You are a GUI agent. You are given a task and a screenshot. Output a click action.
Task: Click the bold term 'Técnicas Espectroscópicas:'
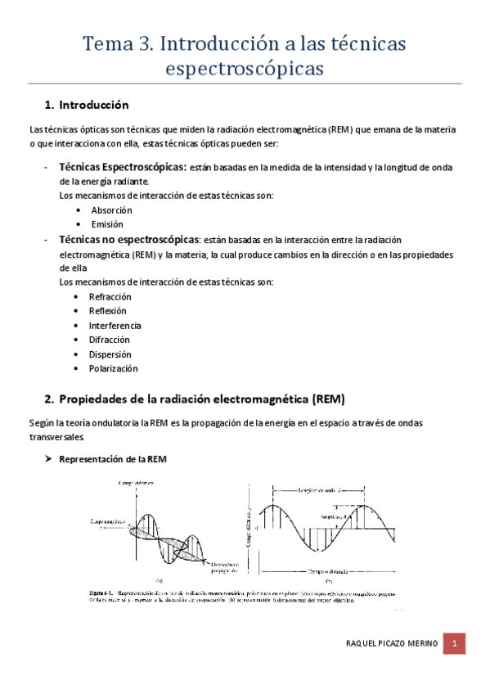tap(123, 167)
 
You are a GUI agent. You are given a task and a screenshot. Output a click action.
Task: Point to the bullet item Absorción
tap(111, 210)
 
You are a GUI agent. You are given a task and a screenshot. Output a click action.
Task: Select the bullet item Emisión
tap(106, 224)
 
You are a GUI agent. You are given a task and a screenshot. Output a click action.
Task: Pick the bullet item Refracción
tap(110, 296)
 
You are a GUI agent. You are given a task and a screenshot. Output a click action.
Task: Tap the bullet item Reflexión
tap(107, 311)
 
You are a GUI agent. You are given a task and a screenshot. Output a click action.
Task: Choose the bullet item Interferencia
tap(115, 325)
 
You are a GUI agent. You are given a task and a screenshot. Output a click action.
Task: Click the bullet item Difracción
tap(109, 340)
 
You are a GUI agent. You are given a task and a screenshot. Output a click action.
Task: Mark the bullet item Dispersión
tap(110, 354)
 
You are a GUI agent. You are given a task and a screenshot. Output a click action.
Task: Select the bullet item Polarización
tap(113, 368)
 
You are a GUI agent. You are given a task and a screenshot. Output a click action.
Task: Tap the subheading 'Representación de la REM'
tap(112, 459)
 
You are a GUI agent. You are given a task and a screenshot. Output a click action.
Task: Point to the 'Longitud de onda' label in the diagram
tap(317, 490)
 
